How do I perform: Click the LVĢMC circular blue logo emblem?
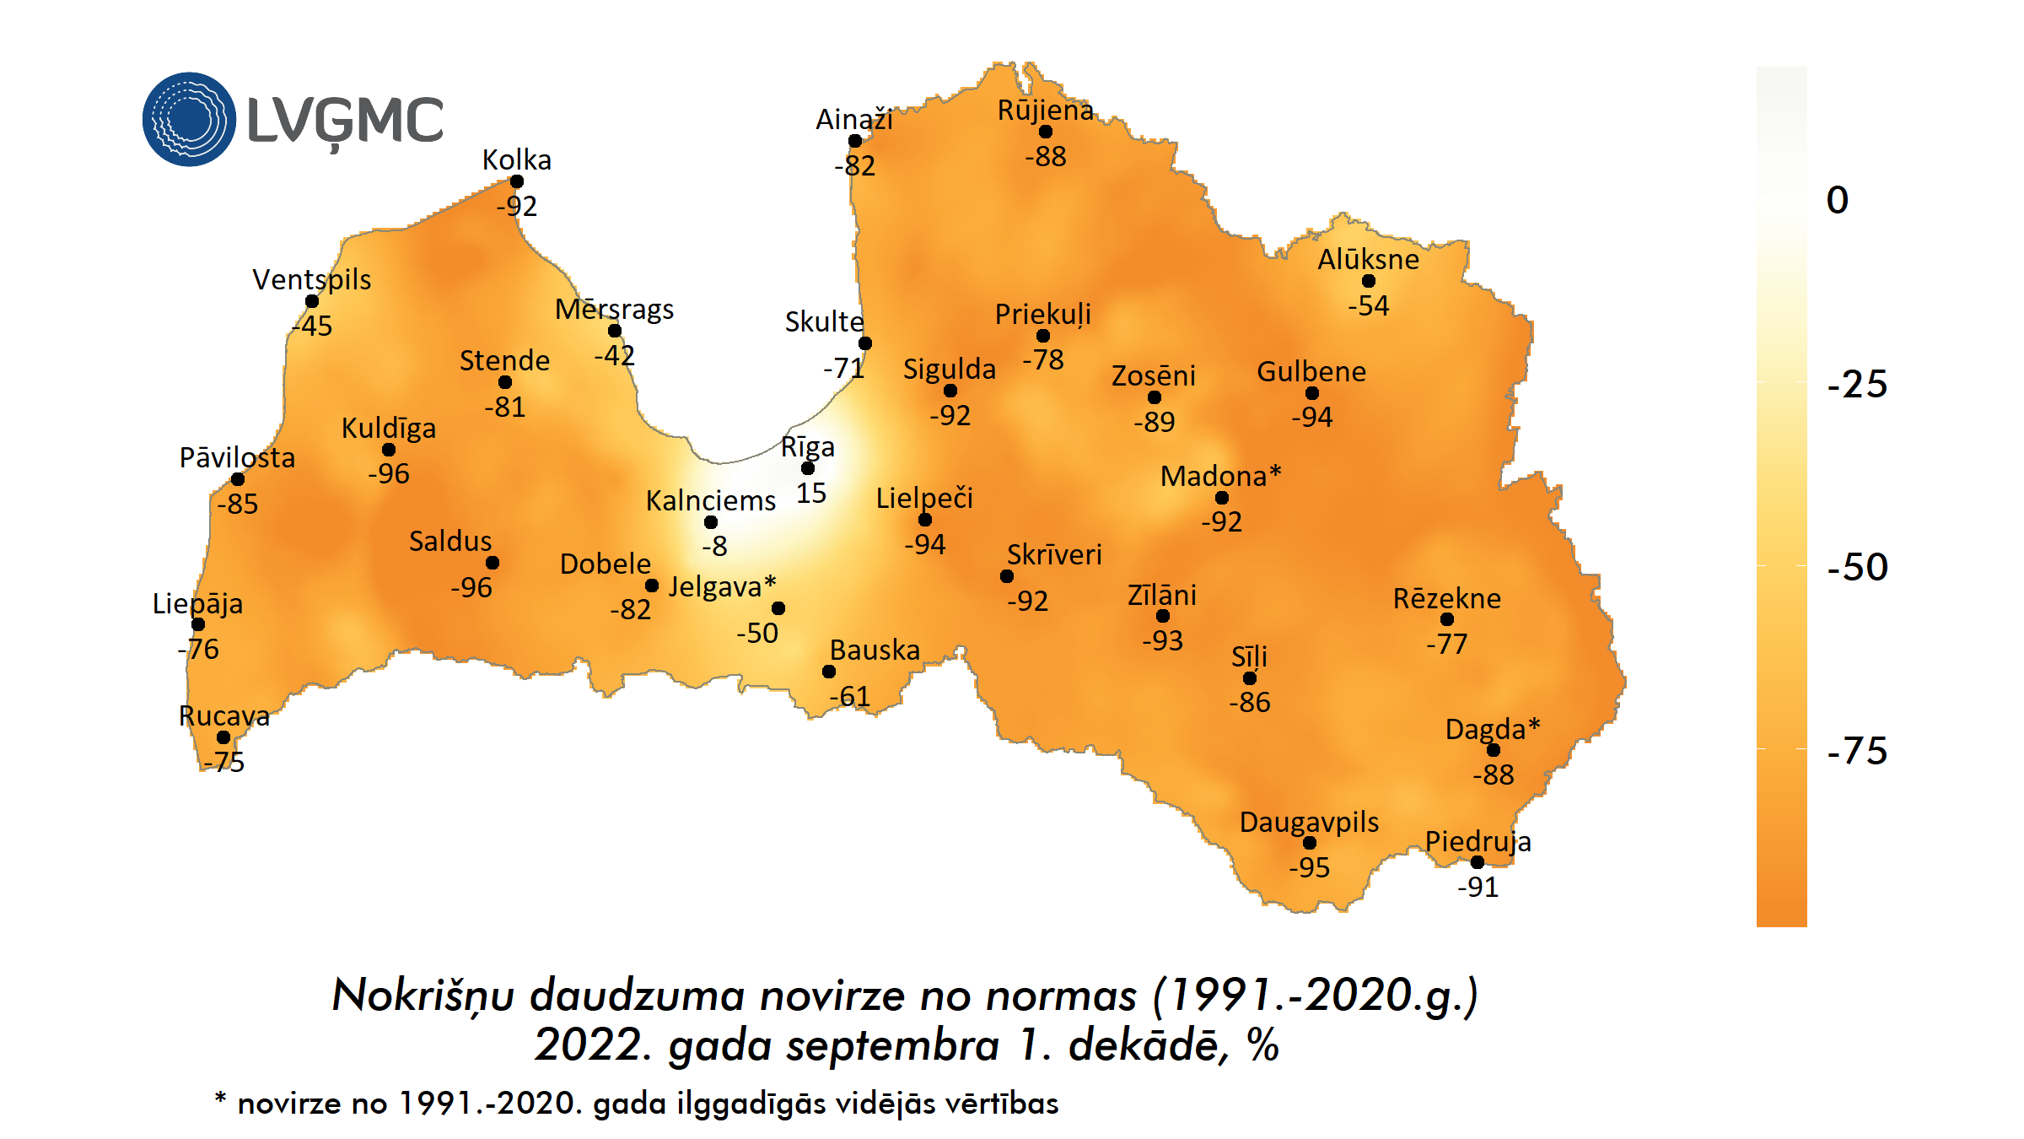[x=189, y=119]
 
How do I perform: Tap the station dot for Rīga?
[x=808, y=468]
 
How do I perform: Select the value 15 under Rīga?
[x=811, y=494]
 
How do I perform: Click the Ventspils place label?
[x=311, y=279]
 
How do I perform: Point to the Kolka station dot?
[x=517, y=181]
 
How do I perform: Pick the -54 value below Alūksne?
[x=1368, y=305]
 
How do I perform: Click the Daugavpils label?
[x=1309, y=822]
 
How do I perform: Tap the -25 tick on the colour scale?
[x=1857, y=385]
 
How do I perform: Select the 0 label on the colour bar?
[x=1838, y=201]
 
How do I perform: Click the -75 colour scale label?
[x=1857, y=751]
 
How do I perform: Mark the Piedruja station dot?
[x=1478, y=862]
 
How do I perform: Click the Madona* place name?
[x=1220, y=476]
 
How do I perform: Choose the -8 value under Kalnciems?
[x=714, y=547]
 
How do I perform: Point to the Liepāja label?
[x=197, y=603]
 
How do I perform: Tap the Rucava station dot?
[x=223, y=737]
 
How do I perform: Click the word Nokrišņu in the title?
[x=423, y=996]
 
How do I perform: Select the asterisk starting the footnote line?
[x=220, y=1099]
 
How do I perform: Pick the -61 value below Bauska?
[x=849, y=697]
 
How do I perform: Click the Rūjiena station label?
[x=1045, y=110]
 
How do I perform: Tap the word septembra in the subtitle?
[x=893, y=1046]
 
